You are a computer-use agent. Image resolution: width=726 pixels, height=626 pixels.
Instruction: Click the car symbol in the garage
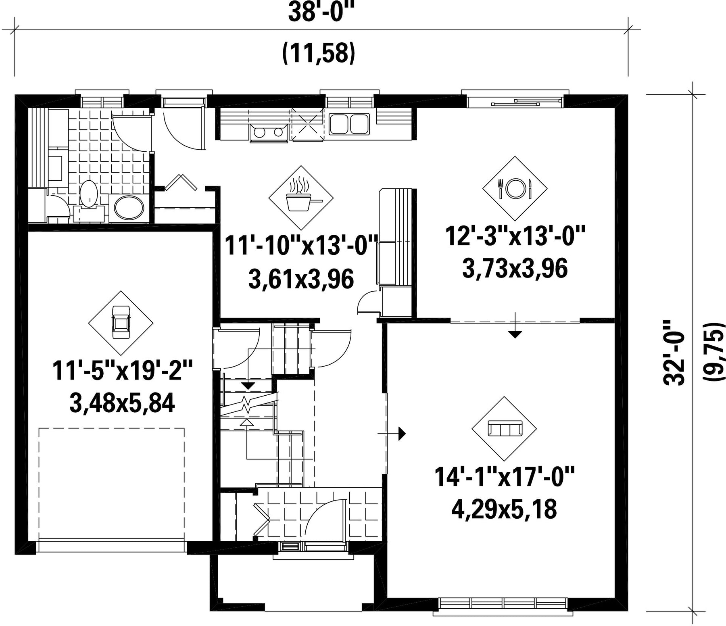click(121, 323)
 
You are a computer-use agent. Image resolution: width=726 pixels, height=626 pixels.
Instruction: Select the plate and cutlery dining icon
click(515, 188)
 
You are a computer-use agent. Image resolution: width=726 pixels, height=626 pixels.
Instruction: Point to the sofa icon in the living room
click(505, 428)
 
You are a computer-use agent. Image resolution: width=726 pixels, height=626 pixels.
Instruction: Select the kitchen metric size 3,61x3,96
click(301, 279)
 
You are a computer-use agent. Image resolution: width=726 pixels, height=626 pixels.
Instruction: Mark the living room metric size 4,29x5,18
click(504, 509)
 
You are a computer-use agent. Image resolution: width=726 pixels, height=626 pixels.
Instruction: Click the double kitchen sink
click(349, 124)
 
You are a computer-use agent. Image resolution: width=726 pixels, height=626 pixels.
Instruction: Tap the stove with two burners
click(268, 133)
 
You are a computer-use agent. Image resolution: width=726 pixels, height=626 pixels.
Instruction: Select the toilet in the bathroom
click(88, 195)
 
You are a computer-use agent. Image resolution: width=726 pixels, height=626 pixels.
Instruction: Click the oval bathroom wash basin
click(129, 207)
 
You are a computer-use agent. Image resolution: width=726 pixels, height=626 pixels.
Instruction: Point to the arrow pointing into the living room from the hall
click(391, 433)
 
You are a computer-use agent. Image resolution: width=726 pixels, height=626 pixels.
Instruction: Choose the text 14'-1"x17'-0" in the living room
click(504, 477)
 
